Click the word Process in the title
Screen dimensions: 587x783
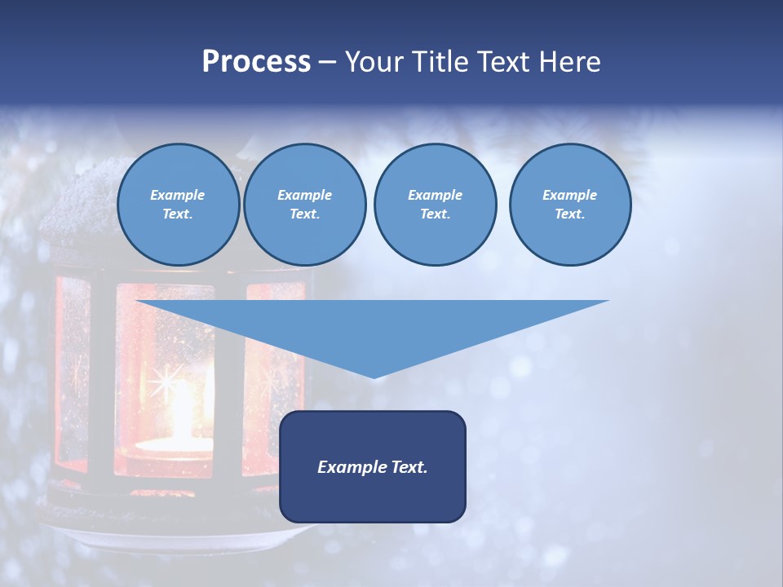click(x=256, y=62)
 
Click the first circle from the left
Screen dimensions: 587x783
click(x=178, y=205)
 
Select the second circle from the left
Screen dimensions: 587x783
click(x=305, y=205)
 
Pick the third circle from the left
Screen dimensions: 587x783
click(x=435, y=205)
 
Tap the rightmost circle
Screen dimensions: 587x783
click(x=570, y=205)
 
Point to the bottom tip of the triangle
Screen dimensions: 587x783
click(x=374, y=377)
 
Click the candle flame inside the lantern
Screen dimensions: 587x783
click(x=181, y=408)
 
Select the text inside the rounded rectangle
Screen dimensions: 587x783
click(x=373, y=467)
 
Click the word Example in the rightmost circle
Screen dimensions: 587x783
click(x=570, y=195)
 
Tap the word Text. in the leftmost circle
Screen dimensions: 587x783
click(x=178, y=214)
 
